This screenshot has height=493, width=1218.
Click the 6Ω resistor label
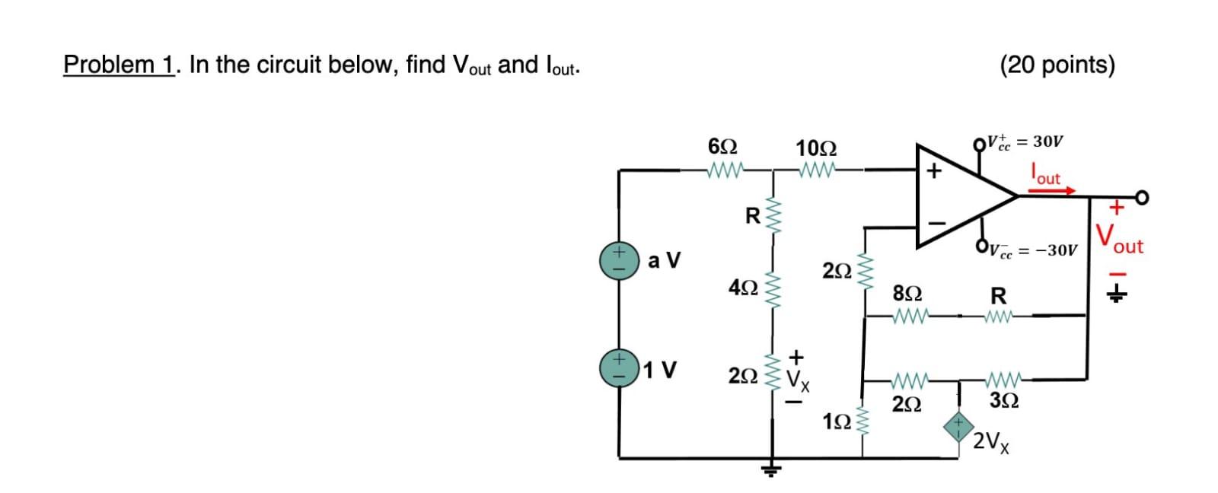point(190,146)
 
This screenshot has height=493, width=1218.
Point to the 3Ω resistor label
point(1004,400)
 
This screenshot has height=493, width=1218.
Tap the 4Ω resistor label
point(209,288)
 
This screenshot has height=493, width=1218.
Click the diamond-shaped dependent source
point(959,428)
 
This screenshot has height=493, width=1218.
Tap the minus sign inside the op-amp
point(939,224)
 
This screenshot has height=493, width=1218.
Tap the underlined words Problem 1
point(120,65)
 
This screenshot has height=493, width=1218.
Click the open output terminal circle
point(1140,198)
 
